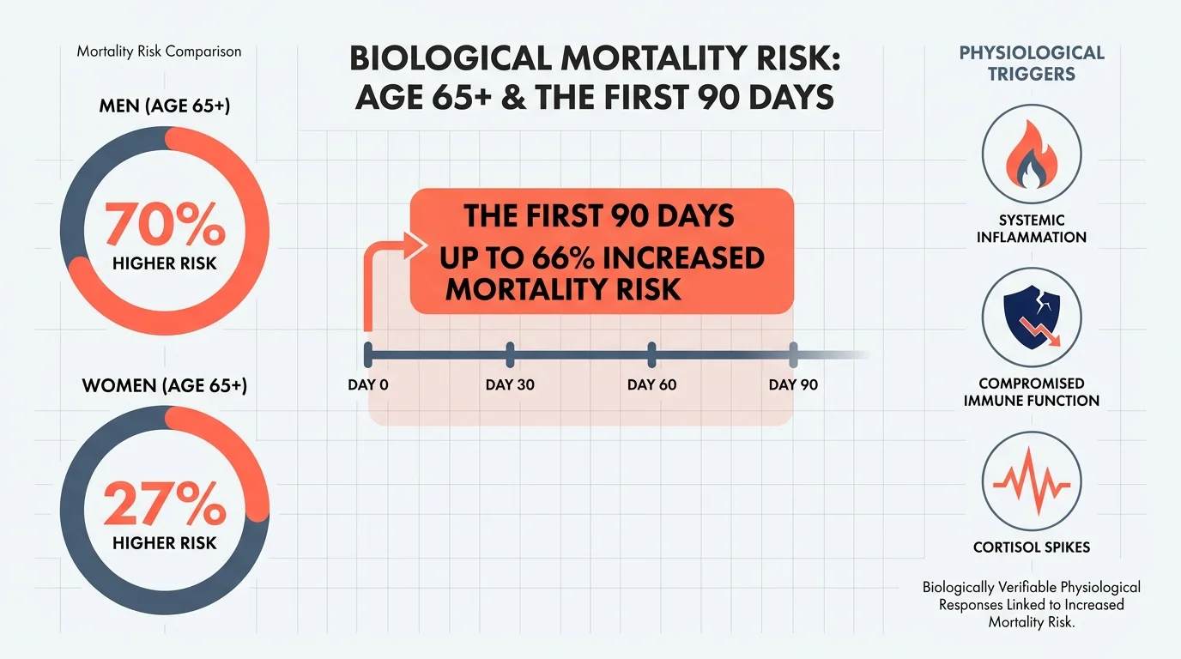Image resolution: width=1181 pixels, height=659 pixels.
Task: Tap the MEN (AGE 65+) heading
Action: pos(165,108)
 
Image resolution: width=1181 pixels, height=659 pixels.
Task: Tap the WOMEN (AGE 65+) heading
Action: pos(165,385)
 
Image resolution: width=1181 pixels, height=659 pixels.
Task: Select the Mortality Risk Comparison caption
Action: pos(159,51)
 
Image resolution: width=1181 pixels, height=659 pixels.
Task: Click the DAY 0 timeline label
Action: pos(368,384)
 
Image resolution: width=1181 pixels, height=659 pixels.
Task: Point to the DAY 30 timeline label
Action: pos(510,384)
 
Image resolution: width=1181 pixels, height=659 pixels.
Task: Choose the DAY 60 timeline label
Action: pos(651,384)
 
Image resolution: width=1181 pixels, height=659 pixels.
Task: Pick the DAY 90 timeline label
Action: pos(793,384)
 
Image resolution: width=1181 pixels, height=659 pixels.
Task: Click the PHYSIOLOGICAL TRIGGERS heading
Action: pos(1031,63)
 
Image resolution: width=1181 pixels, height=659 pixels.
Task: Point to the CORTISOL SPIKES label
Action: pos(1031,547)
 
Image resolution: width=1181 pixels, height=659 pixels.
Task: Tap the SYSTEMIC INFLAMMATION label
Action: pos(1031,228)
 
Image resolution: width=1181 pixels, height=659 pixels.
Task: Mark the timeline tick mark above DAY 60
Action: pos(651,354)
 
